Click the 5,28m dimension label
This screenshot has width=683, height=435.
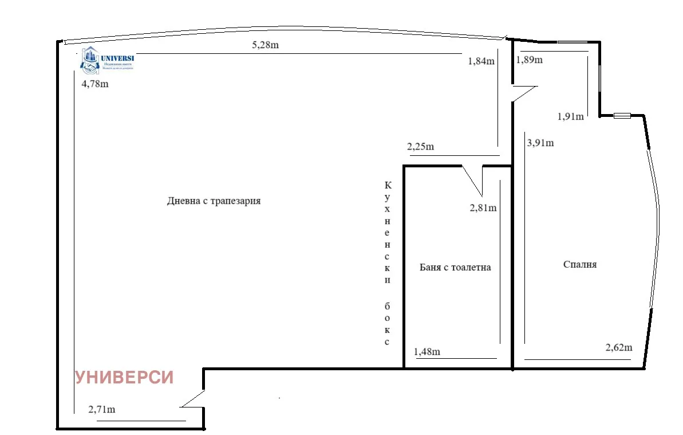[265, 45]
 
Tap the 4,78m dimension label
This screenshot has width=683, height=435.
[94, 84]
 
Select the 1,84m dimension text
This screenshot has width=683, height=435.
[481, 62]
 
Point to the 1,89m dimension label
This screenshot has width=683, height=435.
[530, 60]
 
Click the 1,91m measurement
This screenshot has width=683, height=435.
[570, 117]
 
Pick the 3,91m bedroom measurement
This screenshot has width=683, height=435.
[540, 143]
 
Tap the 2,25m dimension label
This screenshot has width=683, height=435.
[420, 147]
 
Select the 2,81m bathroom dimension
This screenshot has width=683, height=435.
[483, 208]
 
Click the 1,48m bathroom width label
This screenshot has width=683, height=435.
[427, 352]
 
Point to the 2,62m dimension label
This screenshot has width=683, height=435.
[618, 347]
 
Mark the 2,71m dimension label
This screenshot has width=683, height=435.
[102, 409]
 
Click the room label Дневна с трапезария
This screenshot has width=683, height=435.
[214, 201]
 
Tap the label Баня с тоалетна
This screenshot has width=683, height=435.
[455, 267]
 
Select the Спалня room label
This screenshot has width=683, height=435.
[580, 264]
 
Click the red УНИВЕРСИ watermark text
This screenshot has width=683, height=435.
[124, 377]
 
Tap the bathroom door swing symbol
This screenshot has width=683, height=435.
[473, 179]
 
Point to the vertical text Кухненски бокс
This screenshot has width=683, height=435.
[388, 264]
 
